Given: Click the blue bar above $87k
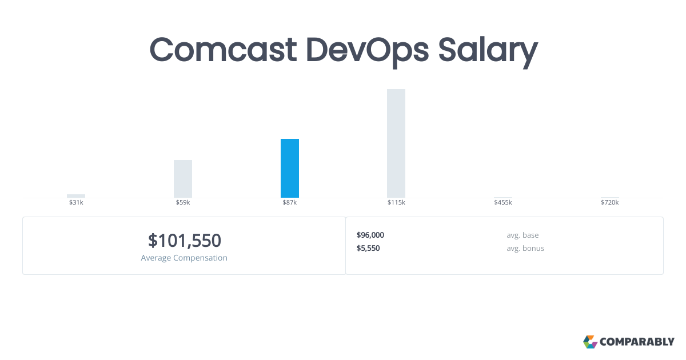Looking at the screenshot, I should point(290,168).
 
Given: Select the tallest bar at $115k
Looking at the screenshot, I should point(396,143).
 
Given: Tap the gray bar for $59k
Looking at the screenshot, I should point(183,178).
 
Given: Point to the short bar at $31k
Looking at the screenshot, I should point(76,196).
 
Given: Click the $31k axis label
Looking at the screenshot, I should point(76,203).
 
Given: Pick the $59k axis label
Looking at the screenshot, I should point(183,203).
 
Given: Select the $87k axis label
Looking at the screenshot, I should point(290,203).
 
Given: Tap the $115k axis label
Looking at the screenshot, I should point(396,203).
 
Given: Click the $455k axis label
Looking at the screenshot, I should point(503,203).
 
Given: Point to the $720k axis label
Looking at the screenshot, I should point(609,203).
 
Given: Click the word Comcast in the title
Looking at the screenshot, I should point(223,50).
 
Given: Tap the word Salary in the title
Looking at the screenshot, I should point(488,50).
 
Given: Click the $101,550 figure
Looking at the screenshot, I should point(184,241).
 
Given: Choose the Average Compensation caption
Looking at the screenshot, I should point(184,258).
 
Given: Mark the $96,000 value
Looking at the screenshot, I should point(370,235).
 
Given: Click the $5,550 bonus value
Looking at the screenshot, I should point(368,248).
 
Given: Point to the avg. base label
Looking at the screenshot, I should point(523,235).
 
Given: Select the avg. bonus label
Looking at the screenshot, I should point(525,248).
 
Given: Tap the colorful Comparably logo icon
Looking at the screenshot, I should point(590,342).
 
